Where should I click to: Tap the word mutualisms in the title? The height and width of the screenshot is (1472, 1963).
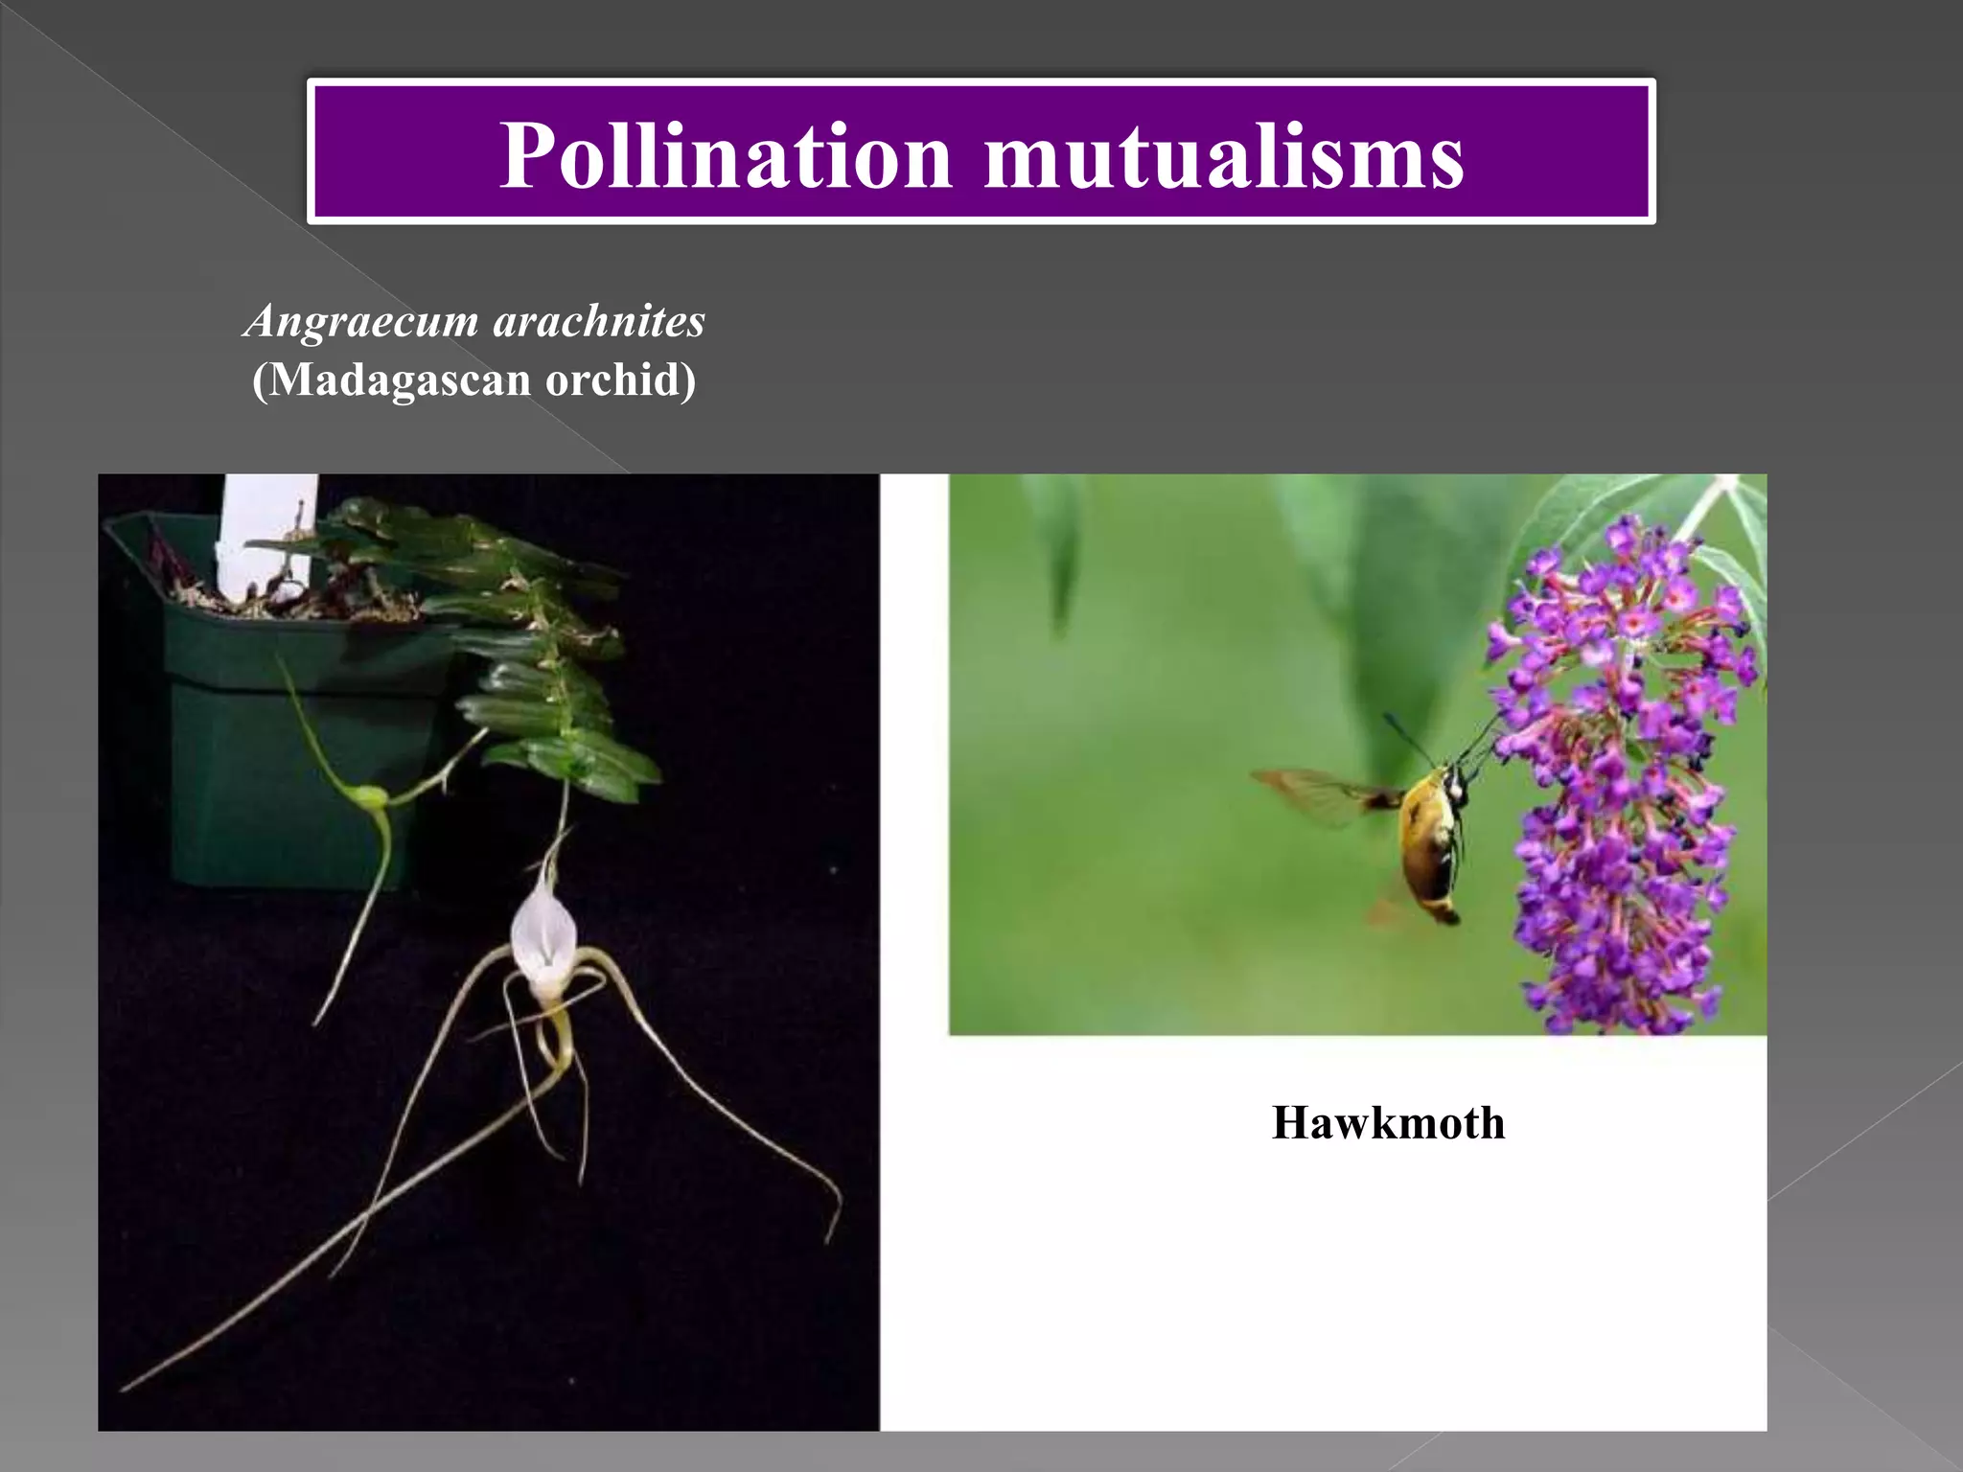pos(1224,155)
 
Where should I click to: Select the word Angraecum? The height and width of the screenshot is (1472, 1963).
pos(362,320)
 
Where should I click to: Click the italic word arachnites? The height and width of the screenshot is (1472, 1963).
pos(599,320)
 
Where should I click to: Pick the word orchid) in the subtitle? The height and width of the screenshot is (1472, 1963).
pos(620,379)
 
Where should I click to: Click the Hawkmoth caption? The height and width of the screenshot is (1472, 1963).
pos(1388,1122)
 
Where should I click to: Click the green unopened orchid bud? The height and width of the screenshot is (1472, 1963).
pos(368,795)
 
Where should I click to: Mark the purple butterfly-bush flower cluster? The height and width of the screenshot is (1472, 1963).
pos(1620,786)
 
